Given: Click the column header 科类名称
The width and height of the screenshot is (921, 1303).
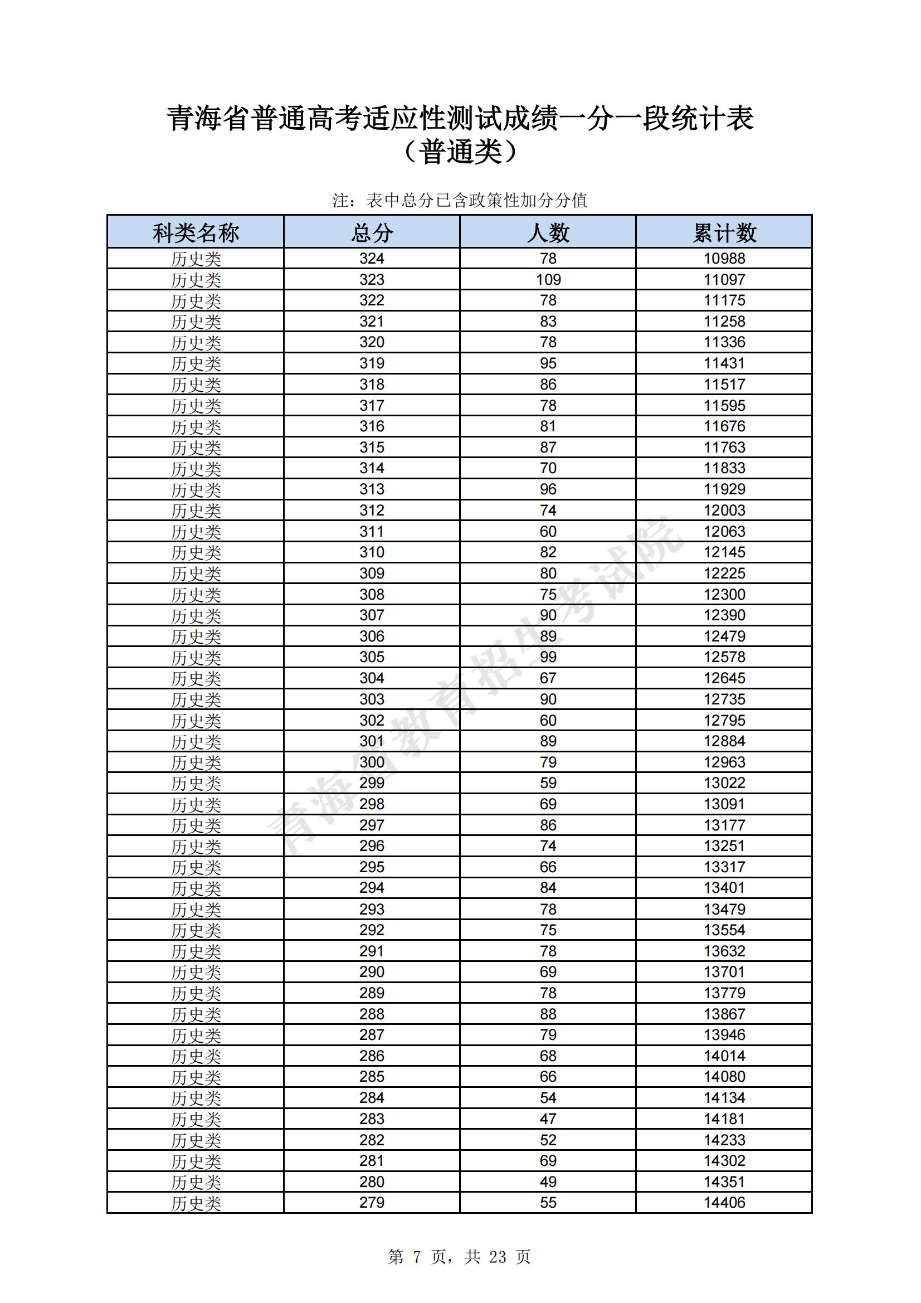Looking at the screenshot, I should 196,233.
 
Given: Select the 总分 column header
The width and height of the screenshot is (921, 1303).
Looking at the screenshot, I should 372,233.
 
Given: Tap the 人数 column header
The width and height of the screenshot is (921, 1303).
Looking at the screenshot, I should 548,233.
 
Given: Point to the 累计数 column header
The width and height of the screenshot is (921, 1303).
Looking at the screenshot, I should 724,233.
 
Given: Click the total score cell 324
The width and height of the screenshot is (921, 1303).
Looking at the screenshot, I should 372,259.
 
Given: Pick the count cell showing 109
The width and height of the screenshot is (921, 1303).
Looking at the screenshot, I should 548,280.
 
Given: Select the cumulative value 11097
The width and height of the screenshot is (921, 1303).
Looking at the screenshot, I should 724,280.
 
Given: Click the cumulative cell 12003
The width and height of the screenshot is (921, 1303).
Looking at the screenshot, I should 724,510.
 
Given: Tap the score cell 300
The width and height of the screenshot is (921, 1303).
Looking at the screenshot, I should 372,762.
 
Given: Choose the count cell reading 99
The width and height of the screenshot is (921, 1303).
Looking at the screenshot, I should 548,657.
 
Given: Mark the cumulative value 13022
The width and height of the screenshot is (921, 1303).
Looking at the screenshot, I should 724,783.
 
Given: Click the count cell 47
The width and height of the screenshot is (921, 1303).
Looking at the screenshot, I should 548,1119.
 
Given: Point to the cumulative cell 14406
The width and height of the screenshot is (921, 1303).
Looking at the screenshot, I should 724,1203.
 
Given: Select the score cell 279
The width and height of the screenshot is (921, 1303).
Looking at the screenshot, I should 372,1203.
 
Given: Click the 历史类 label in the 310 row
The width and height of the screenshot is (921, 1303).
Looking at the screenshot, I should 196,553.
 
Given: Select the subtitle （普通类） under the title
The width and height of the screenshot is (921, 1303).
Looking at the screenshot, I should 460,152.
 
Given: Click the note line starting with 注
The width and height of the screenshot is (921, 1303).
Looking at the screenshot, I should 460,200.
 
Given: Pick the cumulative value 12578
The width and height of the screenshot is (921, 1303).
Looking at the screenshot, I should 724,657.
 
